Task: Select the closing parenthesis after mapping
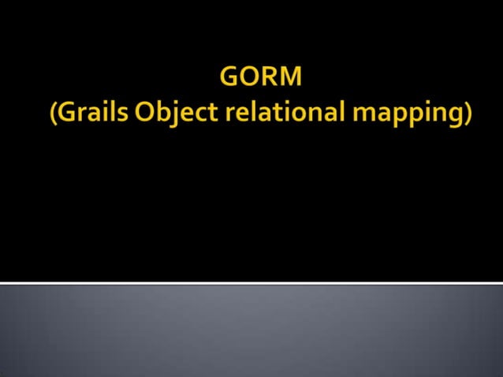point(468,114)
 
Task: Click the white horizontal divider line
point(251,282)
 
